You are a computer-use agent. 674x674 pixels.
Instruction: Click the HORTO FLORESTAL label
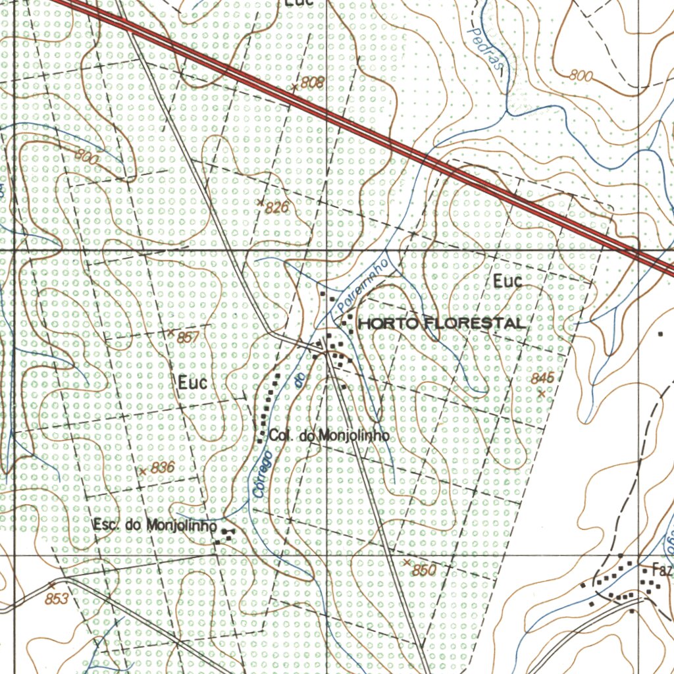(x=442, y=323)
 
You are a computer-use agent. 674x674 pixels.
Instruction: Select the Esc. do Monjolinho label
(x=155, y=526)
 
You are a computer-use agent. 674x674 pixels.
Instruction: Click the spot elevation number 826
(x=277, y=208)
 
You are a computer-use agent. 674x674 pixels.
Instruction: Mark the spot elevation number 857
(x=188, y=338)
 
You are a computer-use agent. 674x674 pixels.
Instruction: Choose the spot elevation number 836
(x=163, y=468)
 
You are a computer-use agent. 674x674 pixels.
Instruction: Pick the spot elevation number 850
(x=424, y=571)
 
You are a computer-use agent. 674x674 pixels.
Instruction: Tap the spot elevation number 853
(x=57, y=599)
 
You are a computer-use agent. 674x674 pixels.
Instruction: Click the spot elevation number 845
(x=543, y=378)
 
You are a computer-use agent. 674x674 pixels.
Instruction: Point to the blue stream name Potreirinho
(x=363, y=286)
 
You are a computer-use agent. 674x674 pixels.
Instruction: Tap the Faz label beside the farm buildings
(x=661, y=570)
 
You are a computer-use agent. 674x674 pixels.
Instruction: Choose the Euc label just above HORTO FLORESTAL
(x=507, y=282)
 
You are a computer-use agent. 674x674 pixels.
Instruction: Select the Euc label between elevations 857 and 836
(x=192, y=382)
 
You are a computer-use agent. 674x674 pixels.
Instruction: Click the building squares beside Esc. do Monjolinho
(x=226, y=534)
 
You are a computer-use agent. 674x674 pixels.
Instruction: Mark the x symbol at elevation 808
(x=296, y=88)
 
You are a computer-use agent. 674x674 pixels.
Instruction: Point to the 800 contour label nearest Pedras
(x=581, y=76)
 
